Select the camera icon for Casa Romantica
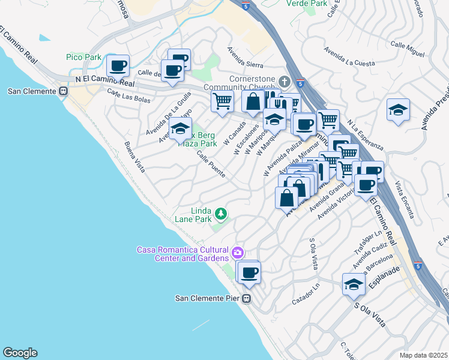coord(238,253)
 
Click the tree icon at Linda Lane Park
coord(221,213)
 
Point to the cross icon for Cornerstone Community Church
coord(285,81)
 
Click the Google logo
coord(19,353)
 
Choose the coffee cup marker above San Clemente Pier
coord(250,273)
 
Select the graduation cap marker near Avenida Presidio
coord(398,110)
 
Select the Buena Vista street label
coord(134,157)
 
